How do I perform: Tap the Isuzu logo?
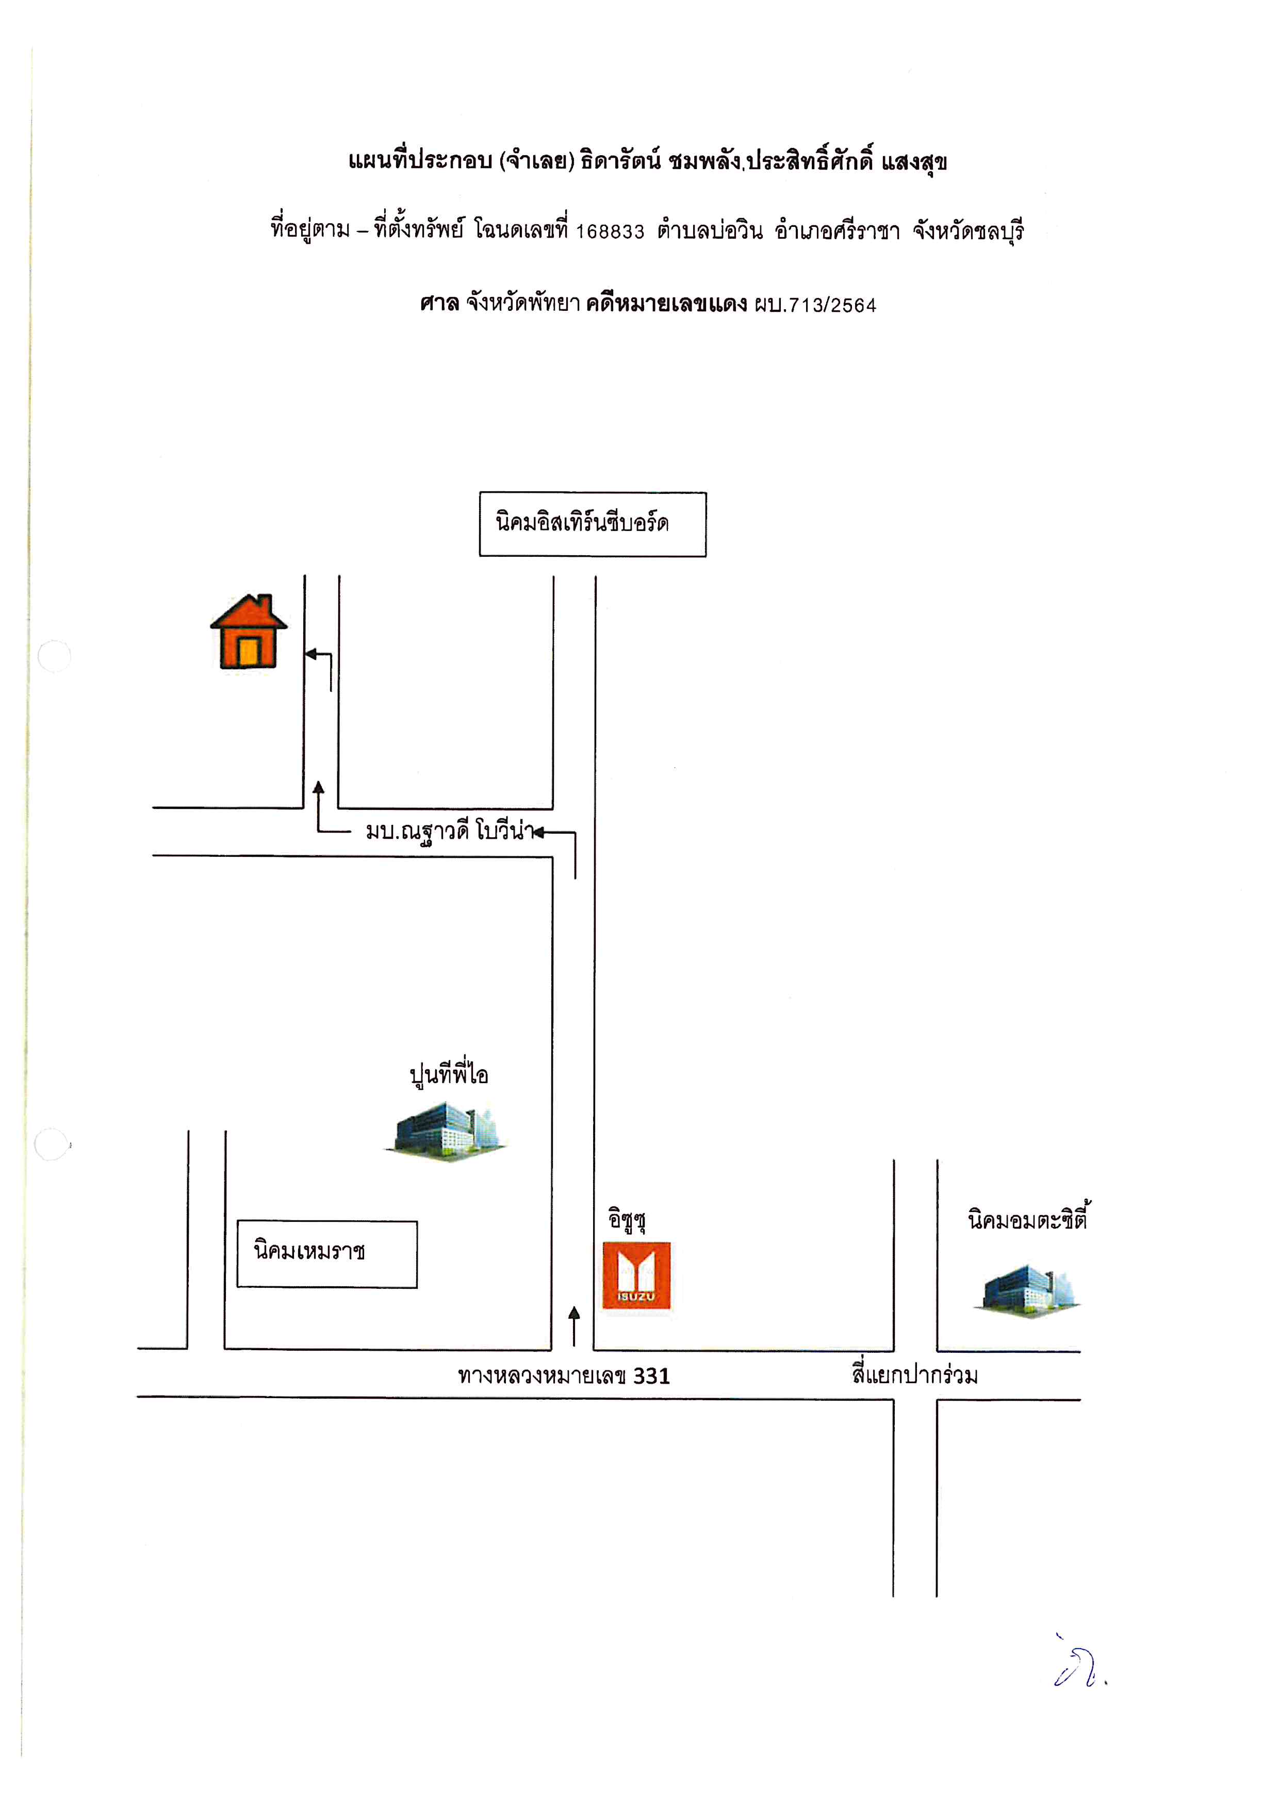[x=636, y=1276]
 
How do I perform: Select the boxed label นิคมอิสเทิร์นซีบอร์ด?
[x=592, y=524]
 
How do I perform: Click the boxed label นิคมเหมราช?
[x=327, y=1254]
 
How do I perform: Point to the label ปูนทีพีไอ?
[x=449, y=1075]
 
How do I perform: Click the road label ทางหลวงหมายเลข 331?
[x=564, y=1375]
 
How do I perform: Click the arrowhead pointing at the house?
[x=310, y=654]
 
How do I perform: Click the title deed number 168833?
[x=610, y=231]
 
